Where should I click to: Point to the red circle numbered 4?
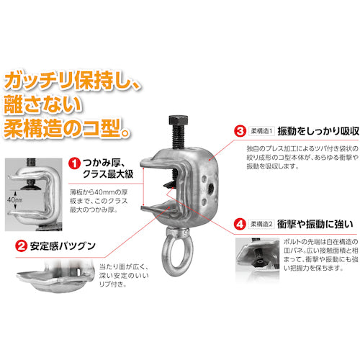tap(238, 224)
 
